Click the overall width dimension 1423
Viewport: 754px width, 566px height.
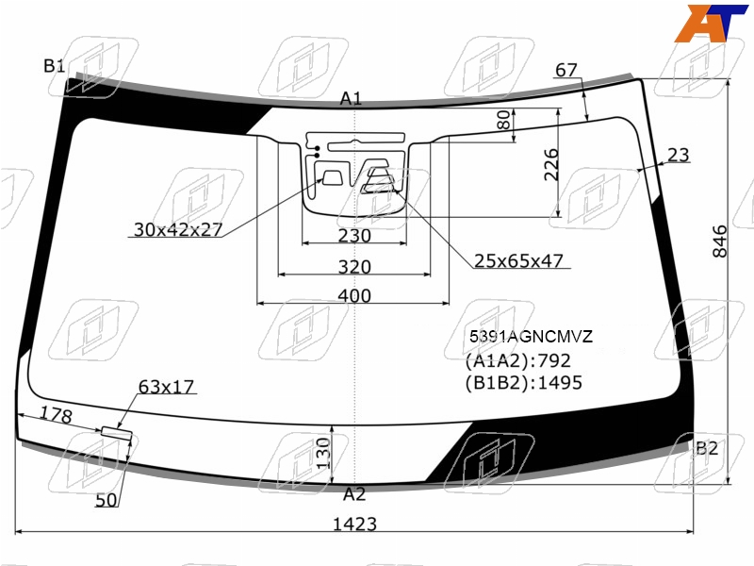pos(354,524)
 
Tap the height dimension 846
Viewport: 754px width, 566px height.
pos(720,241)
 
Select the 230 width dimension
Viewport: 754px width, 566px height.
pos(354,236)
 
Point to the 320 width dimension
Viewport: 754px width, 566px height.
pos(354,267)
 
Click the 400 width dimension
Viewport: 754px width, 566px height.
pos(354,295)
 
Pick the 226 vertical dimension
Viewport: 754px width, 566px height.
pos(551,165)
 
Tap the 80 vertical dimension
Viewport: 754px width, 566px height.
pos(503,121)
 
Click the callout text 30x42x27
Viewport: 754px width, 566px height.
pos(178,229)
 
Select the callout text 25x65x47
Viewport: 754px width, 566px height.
pos(518,260)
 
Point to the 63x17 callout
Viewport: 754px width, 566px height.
pos(166,387)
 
